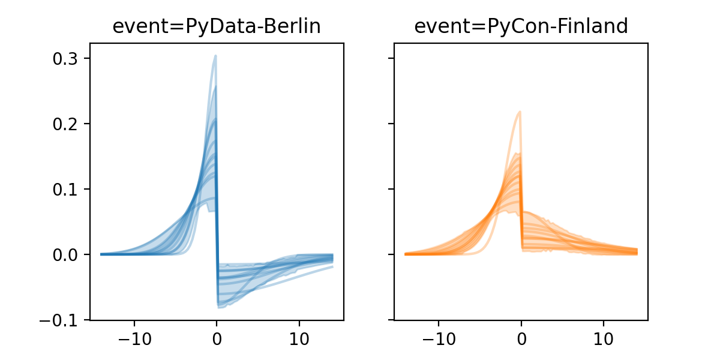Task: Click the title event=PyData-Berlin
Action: click(217, 26)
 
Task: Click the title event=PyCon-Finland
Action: click(521, 26)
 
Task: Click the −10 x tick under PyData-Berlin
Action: click(134, 338)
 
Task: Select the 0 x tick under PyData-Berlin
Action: click(217, 338)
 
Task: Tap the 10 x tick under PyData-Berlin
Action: click(299, 338)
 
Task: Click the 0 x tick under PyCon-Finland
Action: click(521, 338)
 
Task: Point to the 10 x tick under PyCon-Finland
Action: click(604, 338)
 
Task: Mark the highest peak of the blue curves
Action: click(215, 56)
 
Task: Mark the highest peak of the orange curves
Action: click(520, 111)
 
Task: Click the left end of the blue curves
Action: click(101, 254)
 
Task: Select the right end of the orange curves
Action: click(637, 251)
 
